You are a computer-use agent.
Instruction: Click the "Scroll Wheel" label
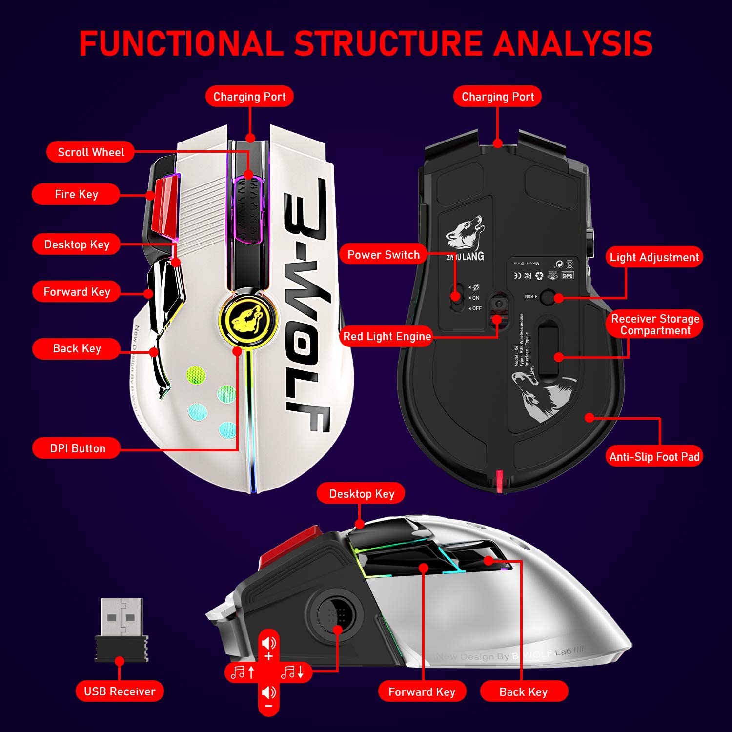(91, 152)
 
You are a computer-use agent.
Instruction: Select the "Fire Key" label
(76, 194)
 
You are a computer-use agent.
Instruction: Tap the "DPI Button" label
(77, 448)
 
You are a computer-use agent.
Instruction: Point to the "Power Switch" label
(383, 255)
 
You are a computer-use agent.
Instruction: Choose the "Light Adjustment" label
(654, 257)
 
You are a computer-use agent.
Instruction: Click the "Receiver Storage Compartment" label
(655, 325)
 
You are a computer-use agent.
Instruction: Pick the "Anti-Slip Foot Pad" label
(654, 457)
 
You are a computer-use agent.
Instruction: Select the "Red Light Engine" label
(387, 336)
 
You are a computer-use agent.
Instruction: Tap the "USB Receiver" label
(120, 691)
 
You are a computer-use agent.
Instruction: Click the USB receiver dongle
(122, 630)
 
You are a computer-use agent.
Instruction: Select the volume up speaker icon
(268, 644)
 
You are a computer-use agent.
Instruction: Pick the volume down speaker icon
(268, 692)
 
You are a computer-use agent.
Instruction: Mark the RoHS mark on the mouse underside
(568, 275)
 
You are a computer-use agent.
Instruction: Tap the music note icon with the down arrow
(293, 672)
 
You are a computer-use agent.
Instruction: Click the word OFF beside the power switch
(477, 308)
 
